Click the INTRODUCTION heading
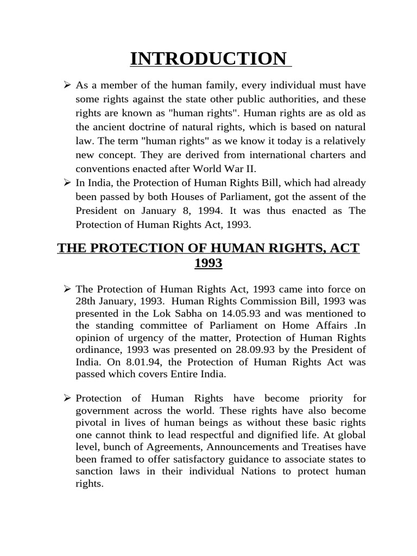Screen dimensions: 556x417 [x=209, y=58]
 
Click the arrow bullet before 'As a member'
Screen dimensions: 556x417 [x=68, y=85]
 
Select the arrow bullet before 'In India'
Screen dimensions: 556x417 [x=68, y=183]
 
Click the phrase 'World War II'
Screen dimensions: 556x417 [x=224, y=169]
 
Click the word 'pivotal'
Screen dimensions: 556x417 [x=92, y=423]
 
